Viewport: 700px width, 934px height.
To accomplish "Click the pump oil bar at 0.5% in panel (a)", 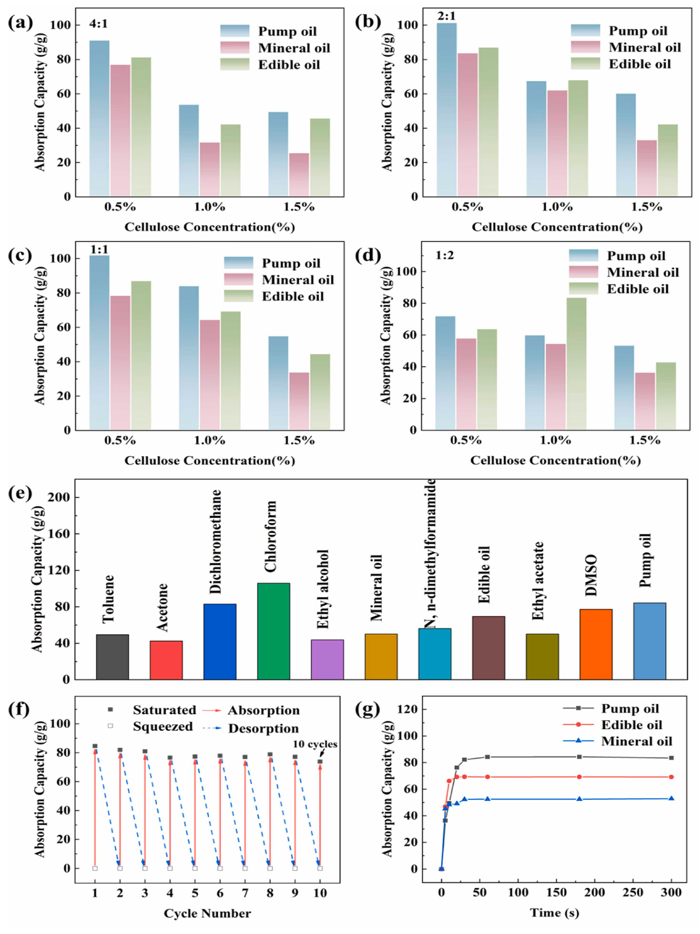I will [x=99, y=118].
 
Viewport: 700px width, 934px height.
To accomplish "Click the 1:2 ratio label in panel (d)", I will [x=445, y=255].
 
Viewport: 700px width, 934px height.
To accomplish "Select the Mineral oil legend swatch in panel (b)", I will [x=585, y=47].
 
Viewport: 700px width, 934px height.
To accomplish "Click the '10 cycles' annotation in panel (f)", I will [x=315, y=744].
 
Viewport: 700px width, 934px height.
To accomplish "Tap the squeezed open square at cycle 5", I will [x=195, y=868].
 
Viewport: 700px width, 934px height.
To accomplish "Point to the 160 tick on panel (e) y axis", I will [x=59, y=534].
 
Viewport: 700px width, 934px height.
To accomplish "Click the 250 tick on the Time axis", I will [x=633, y=892].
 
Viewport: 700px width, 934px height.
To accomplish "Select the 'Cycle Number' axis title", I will [x=207, y=914].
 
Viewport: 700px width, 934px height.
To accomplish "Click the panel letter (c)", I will [x=20, y=255].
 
